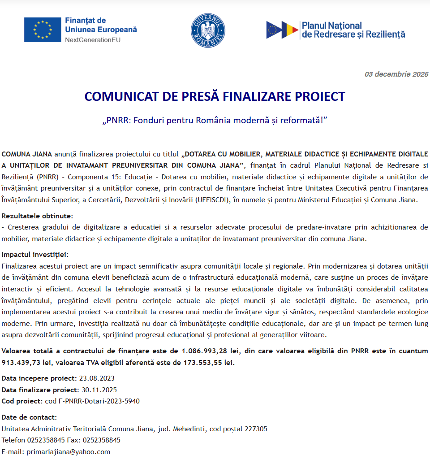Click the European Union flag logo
coord(43,30)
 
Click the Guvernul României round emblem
coord(208,30)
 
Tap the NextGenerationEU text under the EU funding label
coord(93,40)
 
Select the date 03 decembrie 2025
coord(396,74)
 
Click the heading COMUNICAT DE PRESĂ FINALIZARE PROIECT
coord(215,97)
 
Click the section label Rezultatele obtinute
coord(37,216)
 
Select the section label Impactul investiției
coord(34,255)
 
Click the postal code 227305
coord(256,429)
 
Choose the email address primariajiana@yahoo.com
coord(68,451)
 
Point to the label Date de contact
coord(29,417)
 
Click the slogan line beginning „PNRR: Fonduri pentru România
coord(215,121)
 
